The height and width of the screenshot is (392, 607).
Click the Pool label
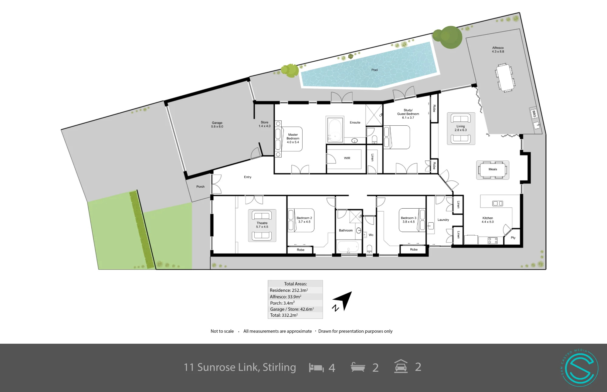pyautogui.click(x=375, y=70)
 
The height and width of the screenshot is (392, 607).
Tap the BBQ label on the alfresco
pyautogui.click(x=534, y=114)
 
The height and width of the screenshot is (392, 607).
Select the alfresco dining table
pyautogui.click(x=505, y=78)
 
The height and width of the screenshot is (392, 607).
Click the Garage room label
pyautogui.click(x=217, y=124)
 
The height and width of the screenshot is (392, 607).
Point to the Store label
pyautogui.click(x=264, y=122)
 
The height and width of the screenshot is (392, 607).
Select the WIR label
pyautogui.click(x=347, y=158)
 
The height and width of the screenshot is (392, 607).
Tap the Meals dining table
pyautogui.click(x=493, y=170)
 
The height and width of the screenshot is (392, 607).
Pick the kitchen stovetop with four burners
pyautogui.click(x=492, y=240)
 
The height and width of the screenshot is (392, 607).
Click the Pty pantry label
pyautogui.click(x=513, y=238)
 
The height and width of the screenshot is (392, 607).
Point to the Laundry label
pyautogui.click(x=443, y=220)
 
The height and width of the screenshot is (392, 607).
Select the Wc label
pyautogui.click(x=371, y=235)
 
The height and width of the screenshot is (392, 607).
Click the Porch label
pyautogui.click(x=200, y=187)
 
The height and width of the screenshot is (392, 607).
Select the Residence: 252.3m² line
pyautogui.click(x=289, y=290)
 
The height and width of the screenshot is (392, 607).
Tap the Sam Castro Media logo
pyautogui.click(x=580, y=368)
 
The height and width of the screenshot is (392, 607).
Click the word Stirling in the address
pyautogui.click(x=279, y=367)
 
